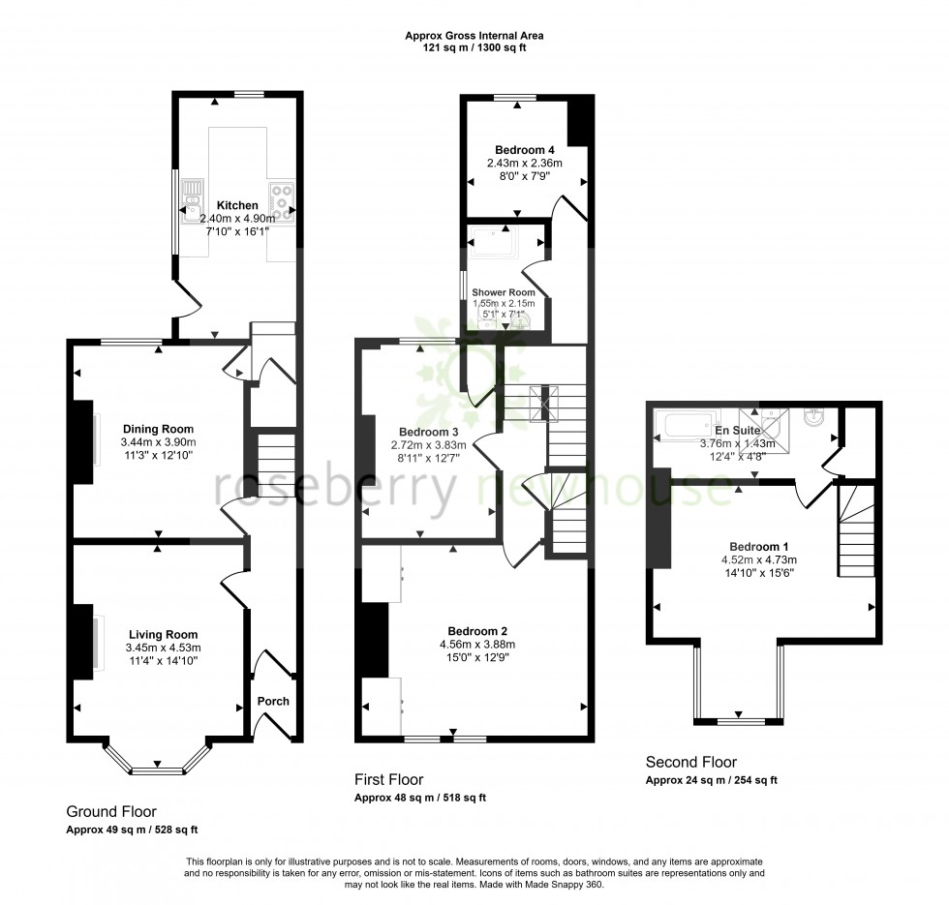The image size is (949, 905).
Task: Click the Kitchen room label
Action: (x=237, y=205)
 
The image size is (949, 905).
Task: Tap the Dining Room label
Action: (x=158, y=429)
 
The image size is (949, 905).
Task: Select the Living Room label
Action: (x=162, y=635)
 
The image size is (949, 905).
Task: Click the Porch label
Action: (x=272, y=702)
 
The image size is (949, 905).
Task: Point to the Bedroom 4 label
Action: (x=524, y=150)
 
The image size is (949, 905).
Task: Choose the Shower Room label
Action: (x=503, y=291)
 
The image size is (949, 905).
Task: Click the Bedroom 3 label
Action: (x=428, y=432)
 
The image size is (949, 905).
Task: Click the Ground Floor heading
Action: (x=111, y=811)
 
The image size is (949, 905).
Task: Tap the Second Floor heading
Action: (x=691, y=762)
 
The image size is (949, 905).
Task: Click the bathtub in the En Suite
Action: (x=683, y=423)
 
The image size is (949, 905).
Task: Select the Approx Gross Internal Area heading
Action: (x=474, y=36)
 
